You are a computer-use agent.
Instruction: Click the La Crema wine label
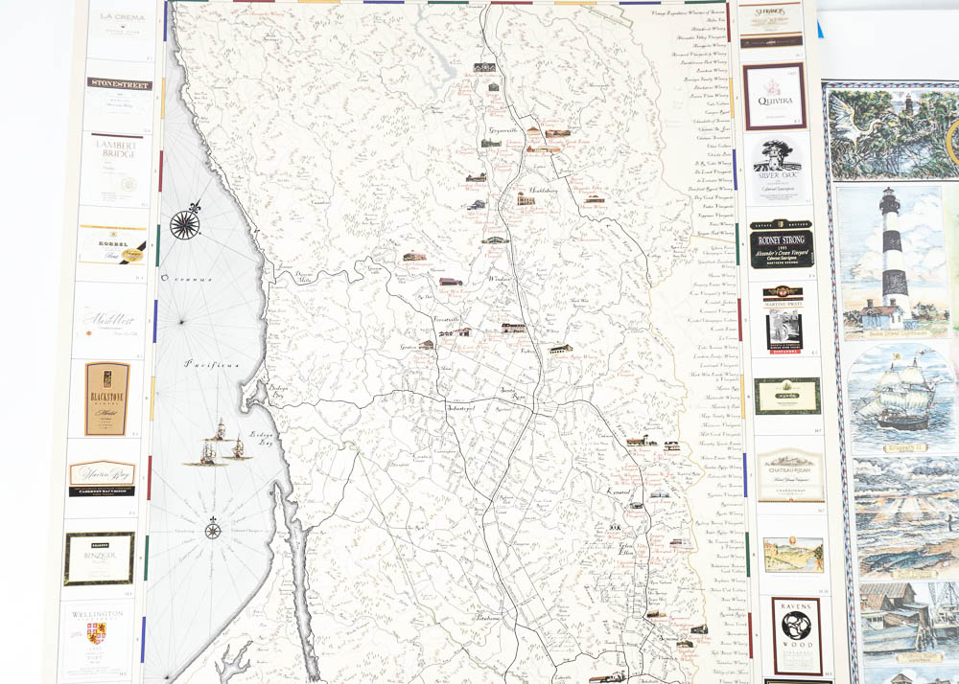click(x=120, y=29)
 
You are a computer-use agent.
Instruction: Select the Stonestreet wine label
click(x=120, y=94)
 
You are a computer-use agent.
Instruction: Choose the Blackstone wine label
click(x=106, y=398)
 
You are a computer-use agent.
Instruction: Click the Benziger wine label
click(x=99, y=559)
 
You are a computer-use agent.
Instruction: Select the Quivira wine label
click(x=774, y=96)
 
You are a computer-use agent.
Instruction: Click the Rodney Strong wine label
click(x=782, y=245)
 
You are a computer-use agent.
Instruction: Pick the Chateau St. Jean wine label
click(x=791, y=474)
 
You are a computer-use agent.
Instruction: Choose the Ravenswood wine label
click(x=797, y=636)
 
